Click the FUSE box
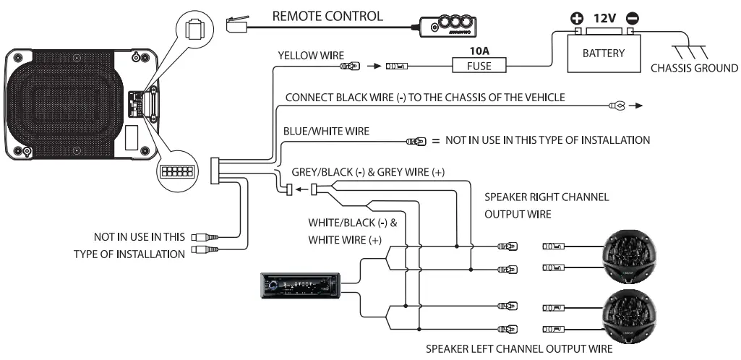point(478,66)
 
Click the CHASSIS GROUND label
point(694,69)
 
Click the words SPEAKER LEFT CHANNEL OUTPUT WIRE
point(513,349)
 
